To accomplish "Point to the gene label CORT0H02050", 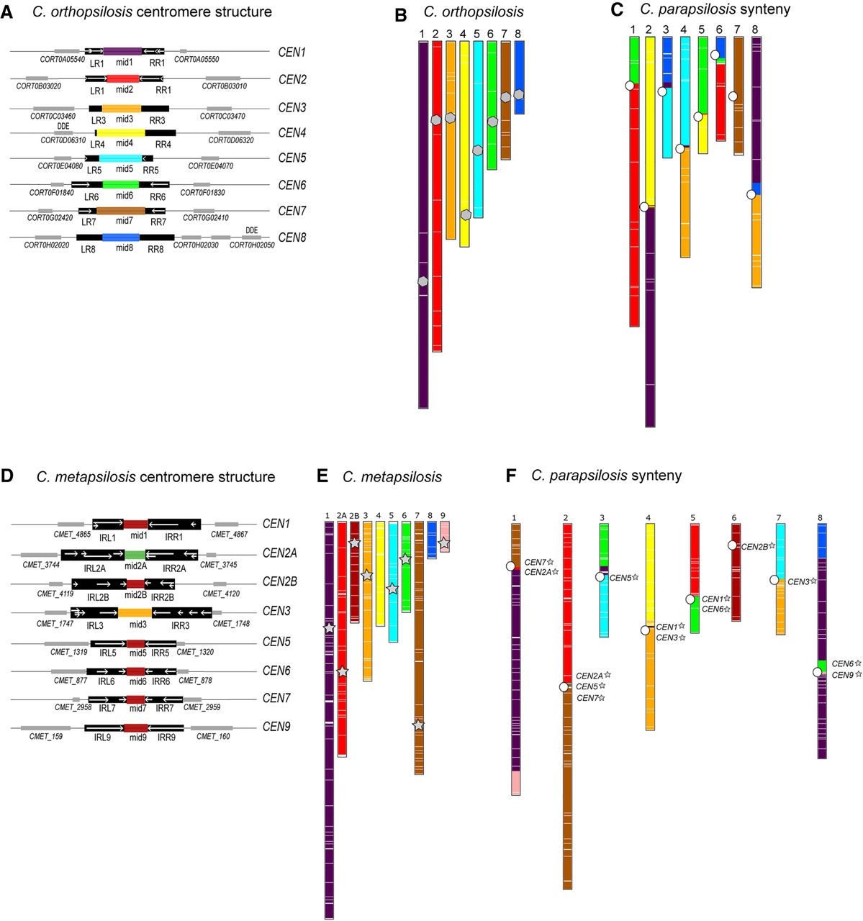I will (x=252, y=245).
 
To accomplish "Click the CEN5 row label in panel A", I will (x=292, y=158).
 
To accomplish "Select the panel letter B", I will (x=401, y=14).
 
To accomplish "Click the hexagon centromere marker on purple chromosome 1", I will (x=423, y=281).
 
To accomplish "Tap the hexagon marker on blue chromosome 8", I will (x=519, y=94).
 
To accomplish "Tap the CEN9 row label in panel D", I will (x=276, y=727).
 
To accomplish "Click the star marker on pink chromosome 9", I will (x=444, y=543).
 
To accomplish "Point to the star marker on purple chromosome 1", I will (x=329, y=628).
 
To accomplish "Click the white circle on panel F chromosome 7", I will (x=774, y=580).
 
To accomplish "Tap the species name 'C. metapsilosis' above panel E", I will (x=392, y=477).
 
